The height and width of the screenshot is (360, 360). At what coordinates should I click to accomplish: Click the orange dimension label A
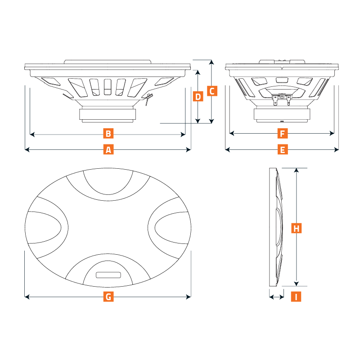108,149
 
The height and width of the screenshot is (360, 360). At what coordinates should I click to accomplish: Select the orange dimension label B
108,134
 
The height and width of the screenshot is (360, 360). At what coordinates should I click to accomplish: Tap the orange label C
212,91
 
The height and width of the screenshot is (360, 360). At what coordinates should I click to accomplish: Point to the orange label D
197,96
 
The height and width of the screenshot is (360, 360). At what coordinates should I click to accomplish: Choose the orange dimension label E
282,149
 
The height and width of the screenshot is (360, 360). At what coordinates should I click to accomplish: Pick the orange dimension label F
282,134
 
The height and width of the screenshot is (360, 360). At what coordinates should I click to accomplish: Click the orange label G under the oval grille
108,297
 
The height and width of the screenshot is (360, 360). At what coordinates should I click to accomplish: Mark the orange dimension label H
296,228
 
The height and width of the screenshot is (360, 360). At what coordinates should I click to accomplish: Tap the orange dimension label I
296,297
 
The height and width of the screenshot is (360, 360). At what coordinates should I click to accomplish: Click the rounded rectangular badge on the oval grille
108,275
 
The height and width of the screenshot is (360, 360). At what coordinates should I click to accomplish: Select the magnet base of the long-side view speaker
108,115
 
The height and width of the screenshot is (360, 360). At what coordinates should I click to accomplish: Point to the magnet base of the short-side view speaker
282,115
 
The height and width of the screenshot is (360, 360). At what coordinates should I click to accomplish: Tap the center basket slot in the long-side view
107,86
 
